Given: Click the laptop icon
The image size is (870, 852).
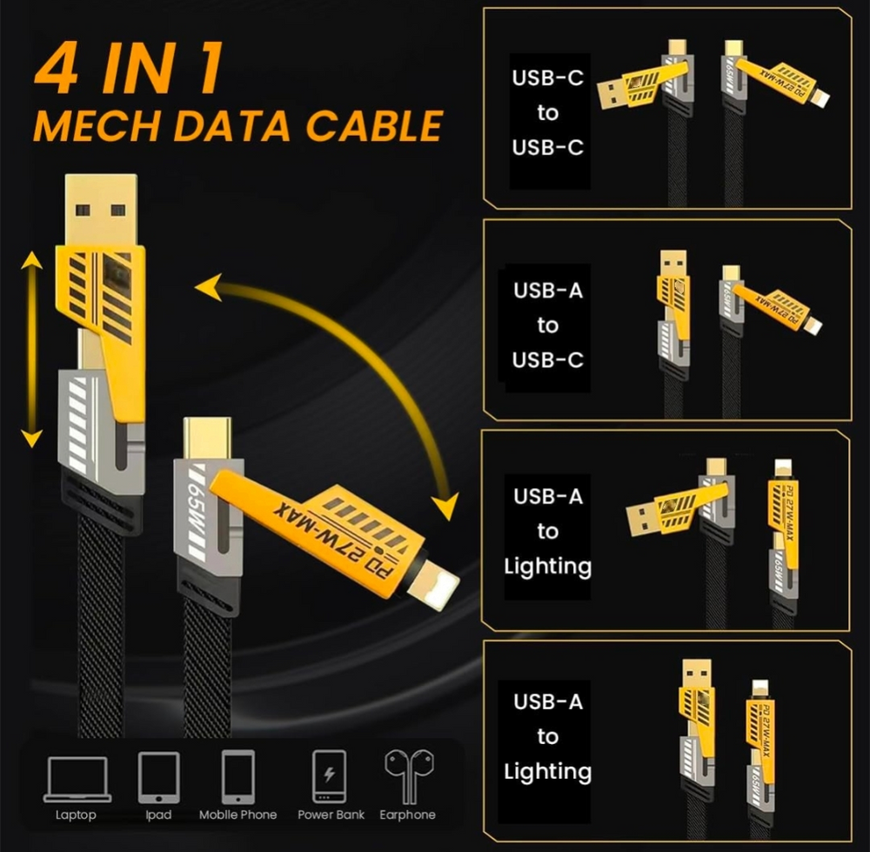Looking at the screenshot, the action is tap(77, 779).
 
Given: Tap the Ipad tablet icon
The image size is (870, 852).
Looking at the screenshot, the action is tap(158, 778).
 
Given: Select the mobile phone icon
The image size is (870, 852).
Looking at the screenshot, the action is tap(238, 777).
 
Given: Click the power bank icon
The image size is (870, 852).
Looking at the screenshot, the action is tap(329, 776).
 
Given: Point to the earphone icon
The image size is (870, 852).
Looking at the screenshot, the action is tap(410, 776).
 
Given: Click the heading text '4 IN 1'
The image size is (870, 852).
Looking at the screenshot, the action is tap(130, 69).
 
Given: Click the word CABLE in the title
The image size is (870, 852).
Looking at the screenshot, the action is tap(374, 125).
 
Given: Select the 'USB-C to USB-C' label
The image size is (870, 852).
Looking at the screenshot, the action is tap(547, 112).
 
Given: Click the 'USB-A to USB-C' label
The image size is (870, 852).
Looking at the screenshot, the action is tap(547, 325).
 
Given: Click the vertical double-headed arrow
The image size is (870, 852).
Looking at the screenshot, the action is tap(31, 349).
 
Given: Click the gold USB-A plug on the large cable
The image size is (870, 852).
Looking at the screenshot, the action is tap(101, 209).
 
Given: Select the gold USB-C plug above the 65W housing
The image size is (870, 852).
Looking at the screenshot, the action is tap(207, 439).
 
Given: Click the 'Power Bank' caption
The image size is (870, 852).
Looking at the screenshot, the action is tap(331, 815).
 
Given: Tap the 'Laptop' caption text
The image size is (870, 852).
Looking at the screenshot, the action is tap(76, 815).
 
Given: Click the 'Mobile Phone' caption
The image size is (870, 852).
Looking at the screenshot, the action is tap(238, 815).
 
